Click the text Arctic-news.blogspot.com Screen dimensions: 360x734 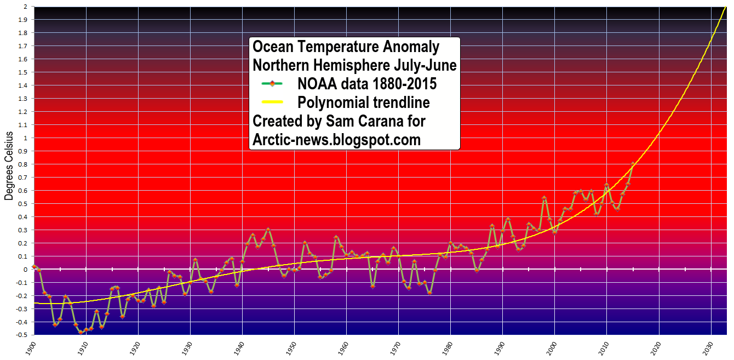click(x=336, y=140)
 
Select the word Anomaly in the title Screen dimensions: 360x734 click(x=412, y=47)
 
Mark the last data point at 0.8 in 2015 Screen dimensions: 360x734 click(x=633, y=164)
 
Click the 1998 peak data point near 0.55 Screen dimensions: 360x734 click(x=544, y=198)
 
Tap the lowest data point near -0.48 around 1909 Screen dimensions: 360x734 click(x=81, y=332)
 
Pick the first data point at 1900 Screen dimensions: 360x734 click(x=34, y=266)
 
